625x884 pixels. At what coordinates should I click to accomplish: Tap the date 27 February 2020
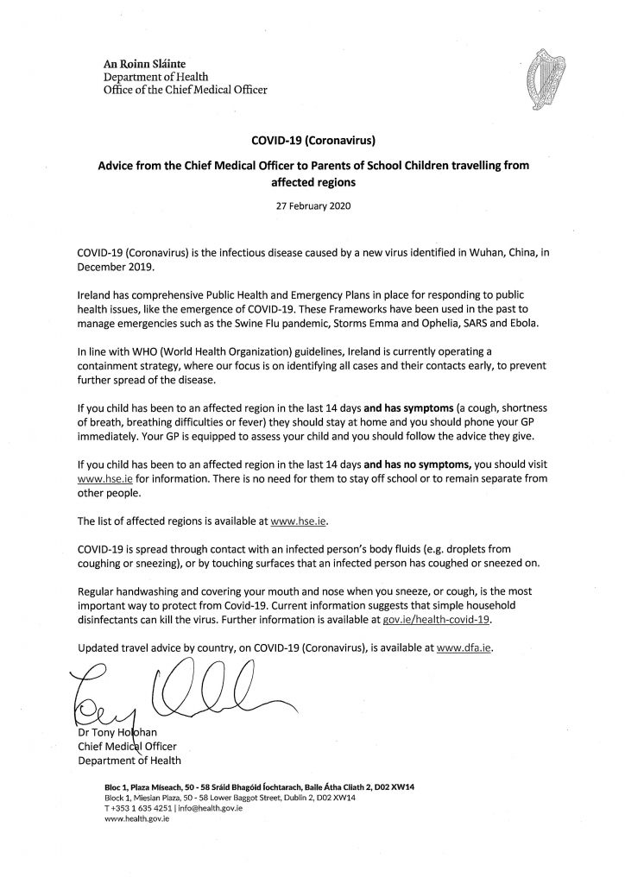(312, 206)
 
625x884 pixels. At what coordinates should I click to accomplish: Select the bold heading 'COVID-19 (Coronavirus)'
(312, 138)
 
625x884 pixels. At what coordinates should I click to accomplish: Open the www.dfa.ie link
(465, 647)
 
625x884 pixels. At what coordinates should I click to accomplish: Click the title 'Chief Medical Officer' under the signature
(127, 747)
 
